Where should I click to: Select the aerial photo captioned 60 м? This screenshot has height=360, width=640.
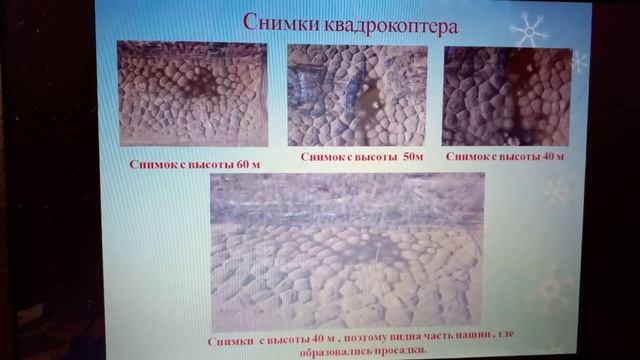click(x=192, y=93)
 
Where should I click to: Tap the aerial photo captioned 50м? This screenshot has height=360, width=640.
click(x=357, y=94)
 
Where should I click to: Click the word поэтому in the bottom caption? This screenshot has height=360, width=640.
click(x=342, y=340)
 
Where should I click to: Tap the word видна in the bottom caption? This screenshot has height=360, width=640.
click(x=385, y=340)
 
